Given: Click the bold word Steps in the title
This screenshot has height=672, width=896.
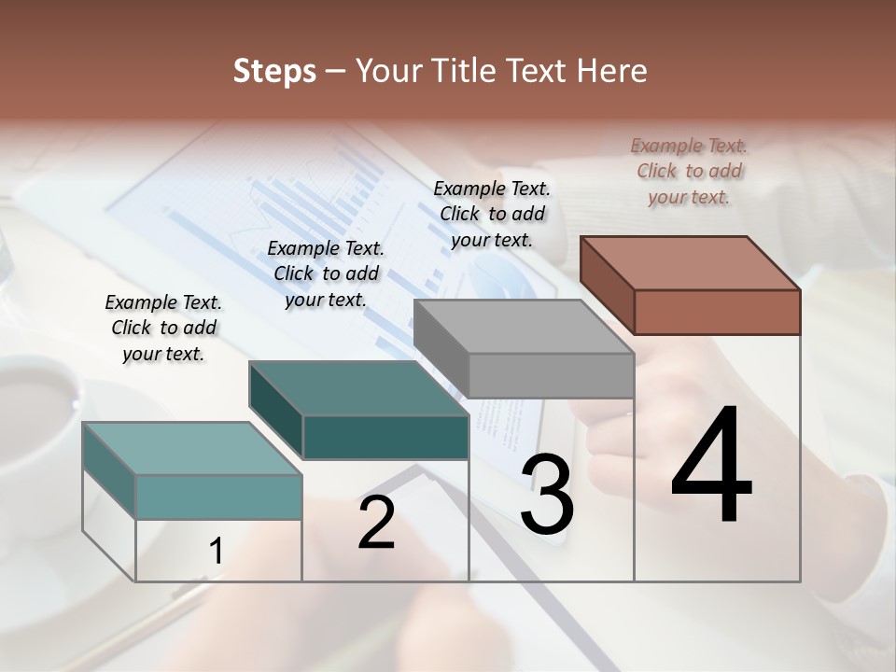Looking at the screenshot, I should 273,72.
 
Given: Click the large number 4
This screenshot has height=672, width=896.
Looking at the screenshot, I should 712,467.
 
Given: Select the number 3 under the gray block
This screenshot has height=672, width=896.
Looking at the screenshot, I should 547,495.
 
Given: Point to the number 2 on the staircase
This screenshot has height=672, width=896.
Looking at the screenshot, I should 376,523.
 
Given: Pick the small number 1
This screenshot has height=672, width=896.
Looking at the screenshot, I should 217,552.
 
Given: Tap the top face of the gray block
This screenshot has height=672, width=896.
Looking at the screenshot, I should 523,327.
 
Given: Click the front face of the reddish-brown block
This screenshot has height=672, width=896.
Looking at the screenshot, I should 717,312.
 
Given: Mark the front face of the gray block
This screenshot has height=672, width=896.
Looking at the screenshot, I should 551,375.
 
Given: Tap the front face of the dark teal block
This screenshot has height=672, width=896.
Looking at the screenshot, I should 385,437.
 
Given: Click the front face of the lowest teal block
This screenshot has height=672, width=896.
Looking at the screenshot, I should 218,497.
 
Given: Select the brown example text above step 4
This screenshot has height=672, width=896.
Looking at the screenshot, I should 689,172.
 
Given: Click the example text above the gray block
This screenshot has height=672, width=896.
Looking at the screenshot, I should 492,214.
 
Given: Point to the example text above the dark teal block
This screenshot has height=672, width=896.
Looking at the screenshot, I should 326,273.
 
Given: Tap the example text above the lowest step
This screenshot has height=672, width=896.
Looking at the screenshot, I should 163,328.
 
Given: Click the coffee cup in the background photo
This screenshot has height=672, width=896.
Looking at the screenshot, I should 37,401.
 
